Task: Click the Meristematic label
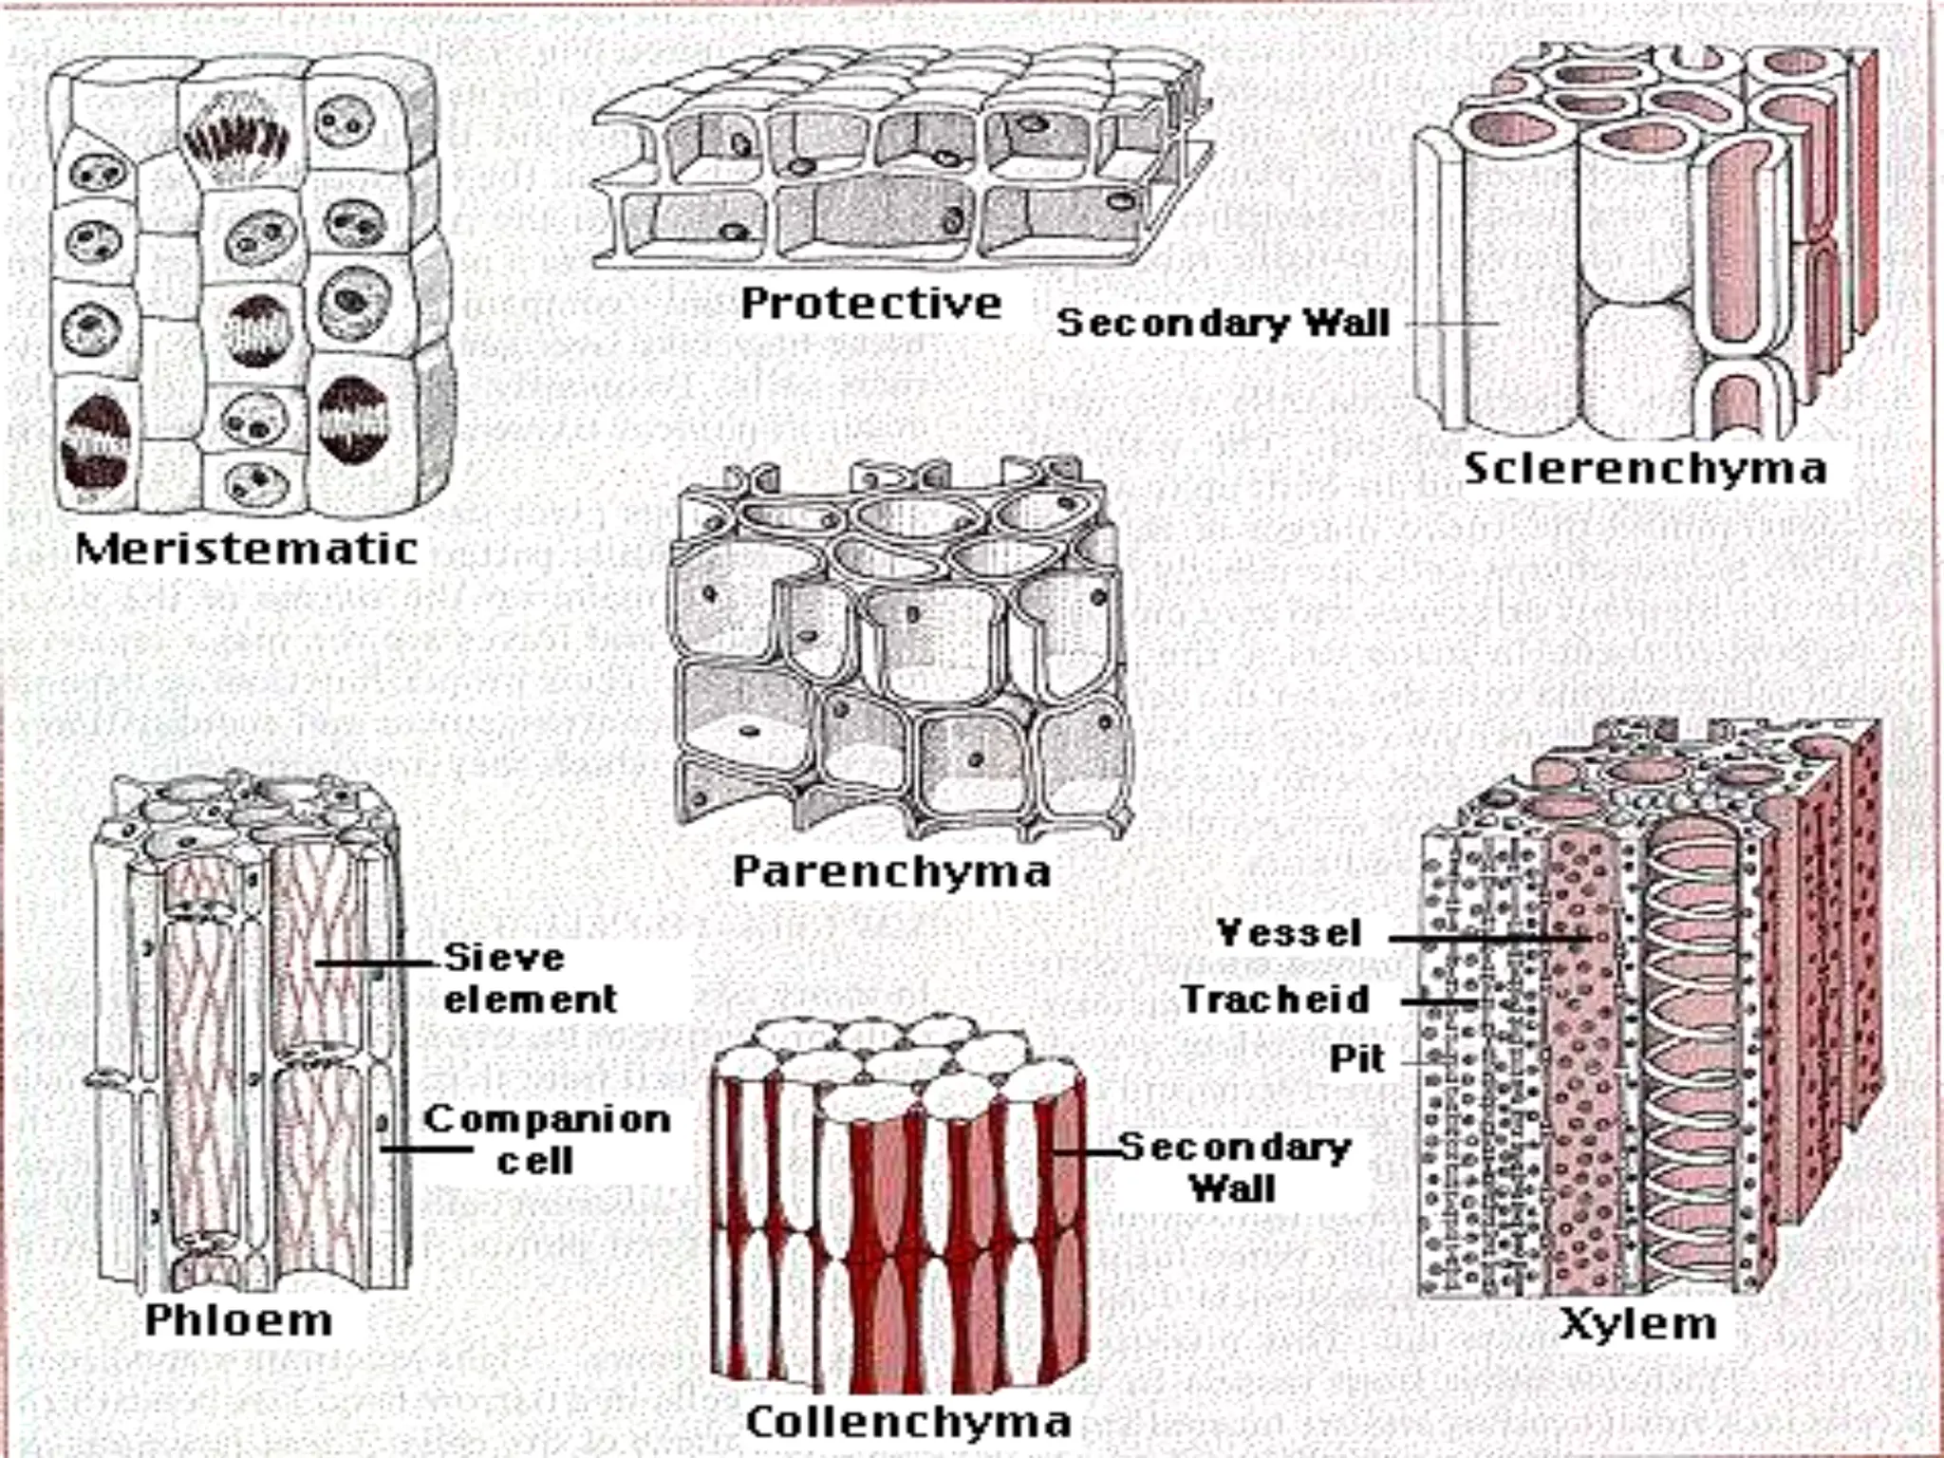[x=246, y=550]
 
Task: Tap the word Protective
[x=870, y=304]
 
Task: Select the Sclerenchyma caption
[x=1644, y=469]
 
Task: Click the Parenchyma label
[x=891, y=871]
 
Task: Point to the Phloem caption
[x=238, y=1320]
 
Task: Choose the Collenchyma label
[x=908, y=1421]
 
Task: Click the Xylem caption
[x=1638, y=1323]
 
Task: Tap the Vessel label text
[x=1289, y=933]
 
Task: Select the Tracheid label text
[x=1275, y=1000]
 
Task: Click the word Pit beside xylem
[x=1356, y=1059]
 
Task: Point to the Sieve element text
[x=530, y=978]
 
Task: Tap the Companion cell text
[x=546, y=1139]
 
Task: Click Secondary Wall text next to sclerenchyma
[x=1223, y=324]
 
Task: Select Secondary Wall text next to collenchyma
[x=1234, y=1168]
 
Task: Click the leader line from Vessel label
[x=1481, y=939]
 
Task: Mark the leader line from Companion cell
[x=427, y=1150]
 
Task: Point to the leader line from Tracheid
[x=1438, y=1001]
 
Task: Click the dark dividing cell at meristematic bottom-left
[x=94, y=442]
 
